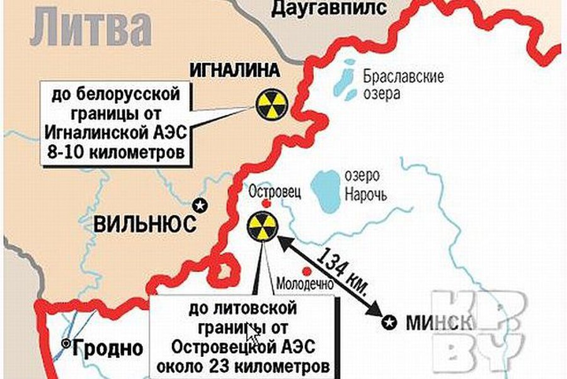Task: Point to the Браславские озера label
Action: (x=403, y=86)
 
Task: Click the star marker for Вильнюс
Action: (x=200, y=205)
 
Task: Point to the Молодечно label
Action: (x=306, y=284)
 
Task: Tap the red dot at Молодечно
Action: (x=307, y=271)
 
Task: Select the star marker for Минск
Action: (x=390, y=323)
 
